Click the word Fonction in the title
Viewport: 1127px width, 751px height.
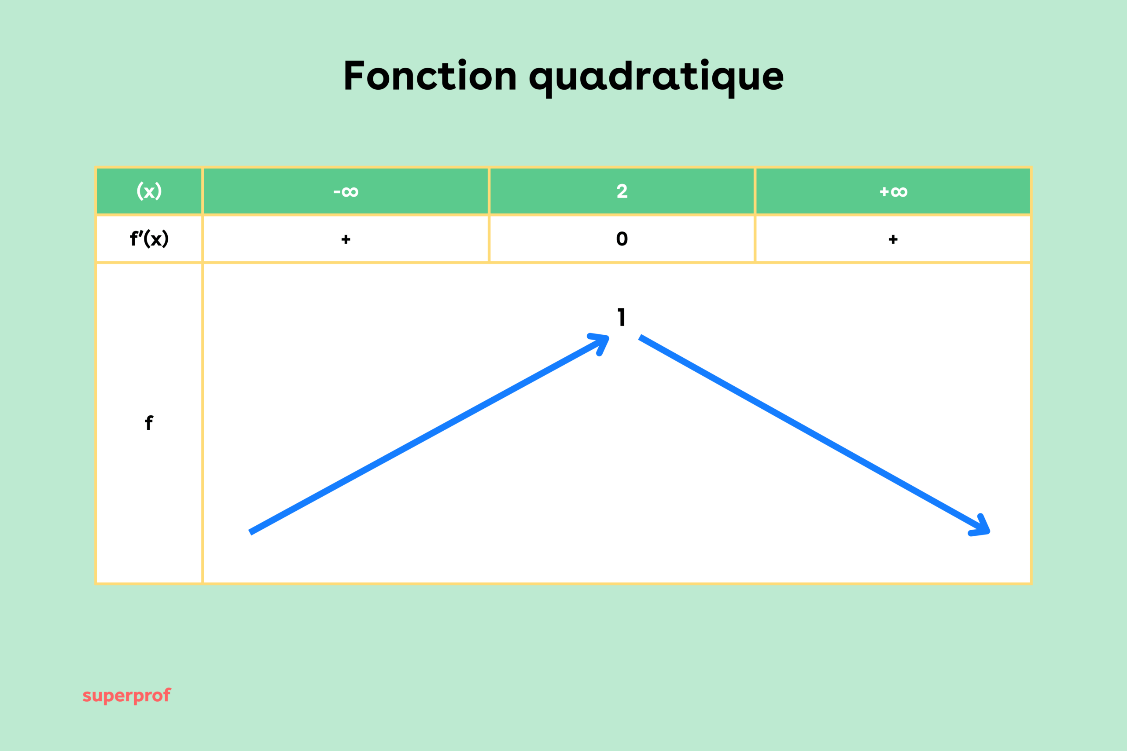[430, 76]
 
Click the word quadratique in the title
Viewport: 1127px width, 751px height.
[656, 77]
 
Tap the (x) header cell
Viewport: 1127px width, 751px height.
[149, 191]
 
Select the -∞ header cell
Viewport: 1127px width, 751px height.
[346, 191]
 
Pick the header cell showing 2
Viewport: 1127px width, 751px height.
[622, 191]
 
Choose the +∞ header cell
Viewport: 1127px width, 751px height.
[893, 191]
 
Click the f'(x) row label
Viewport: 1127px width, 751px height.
[149, 238]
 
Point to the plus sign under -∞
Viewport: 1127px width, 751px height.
[346, 239]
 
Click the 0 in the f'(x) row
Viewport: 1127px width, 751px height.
[622, 238]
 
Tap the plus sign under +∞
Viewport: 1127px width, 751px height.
[893, 239]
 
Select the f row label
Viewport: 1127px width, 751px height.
[149, 423]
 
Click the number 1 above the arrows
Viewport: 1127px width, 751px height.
[622, 317]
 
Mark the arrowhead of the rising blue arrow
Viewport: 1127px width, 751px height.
[602, 341]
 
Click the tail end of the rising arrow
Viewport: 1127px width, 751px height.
[251, 531]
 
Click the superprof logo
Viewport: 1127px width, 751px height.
[126, 696]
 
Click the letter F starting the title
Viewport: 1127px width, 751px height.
[354, 76]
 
